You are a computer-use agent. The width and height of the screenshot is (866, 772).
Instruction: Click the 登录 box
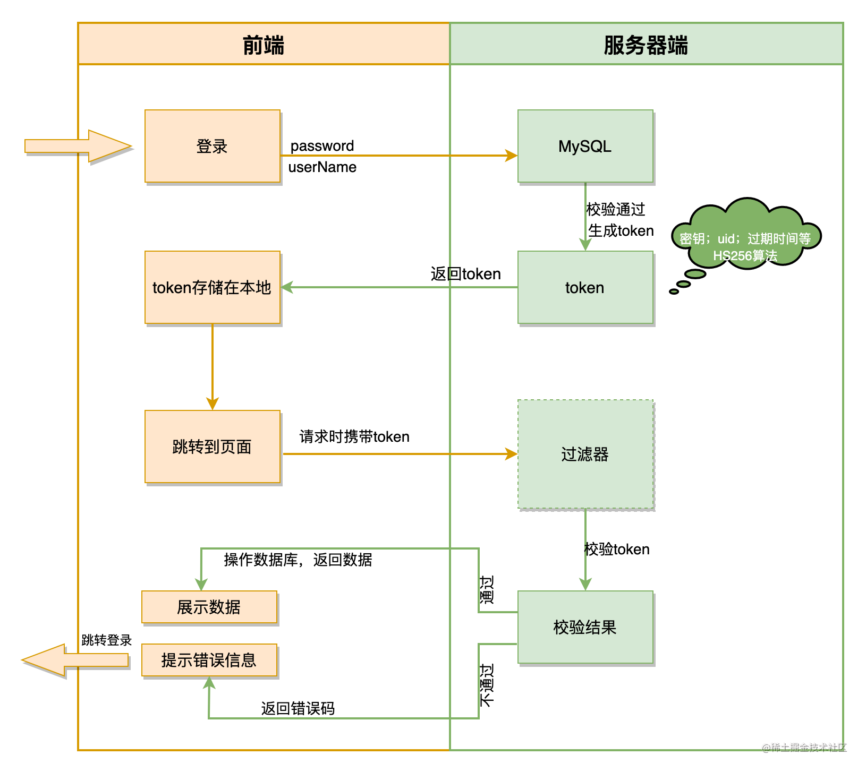click(x=213, y=146)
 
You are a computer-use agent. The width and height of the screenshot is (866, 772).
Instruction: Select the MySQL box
click(x=585, y=146)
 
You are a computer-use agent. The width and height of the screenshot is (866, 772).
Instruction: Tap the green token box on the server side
click(x=585, y=287)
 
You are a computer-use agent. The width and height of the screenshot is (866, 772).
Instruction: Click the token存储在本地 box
click(x=213, y=287)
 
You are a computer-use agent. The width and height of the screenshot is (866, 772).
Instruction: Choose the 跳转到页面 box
click(x=213, y=447)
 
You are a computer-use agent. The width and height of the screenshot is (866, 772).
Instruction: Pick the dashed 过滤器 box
click(x=585, y=454)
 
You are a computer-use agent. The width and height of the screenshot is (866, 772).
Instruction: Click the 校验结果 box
click(x=585, y=627)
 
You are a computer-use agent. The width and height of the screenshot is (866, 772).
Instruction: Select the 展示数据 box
click(x=209, y=607)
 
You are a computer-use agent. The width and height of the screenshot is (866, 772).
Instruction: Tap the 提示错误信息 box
click(x=209, y=660)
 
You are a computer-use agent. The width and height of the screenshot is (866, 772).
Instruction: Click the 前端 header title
click(x=264, y=45)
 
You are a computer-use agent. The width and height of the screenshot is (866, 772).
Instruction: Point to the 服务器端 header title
click(x=646, y=45)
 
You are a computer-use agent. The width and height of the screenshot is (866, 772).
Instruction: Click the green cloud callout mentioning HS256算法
click(x=746, y=234)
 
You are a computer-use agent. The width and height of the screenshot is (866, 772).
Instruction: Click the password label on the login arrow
click(x=322, y=145)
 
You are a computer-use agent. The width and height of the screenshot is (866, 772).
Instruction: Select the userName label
click(x=322, y=167)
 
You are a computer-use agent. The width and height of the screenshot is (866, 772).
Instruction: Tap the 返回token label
click(x=466, y=274)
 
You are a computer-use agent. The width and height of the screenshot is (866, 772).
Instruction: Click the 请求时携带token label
click(x=354, y=436)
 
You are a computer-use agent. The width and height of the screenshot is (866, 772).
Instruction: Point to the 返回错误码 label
click(x=298, y=708)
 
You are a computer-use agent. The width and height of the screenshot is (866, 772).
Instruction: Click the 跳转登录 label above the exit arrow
click(x=107, y=640)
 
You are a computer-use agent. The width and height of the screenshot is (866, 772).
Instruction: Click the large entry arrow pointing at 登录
click(x=78, y=146)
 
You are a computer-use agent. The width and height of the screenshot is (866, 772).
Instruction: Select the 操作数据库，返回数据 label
click(x=298, y=560)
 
